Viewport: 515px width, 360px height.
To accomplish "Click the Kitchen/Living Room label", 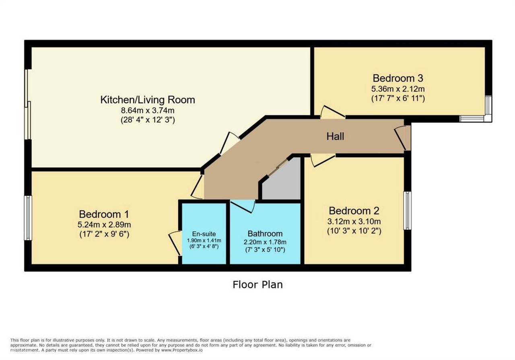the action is click(148, 100).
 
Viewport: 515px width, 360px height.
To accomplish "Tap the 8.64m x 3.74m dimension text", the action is click(148, 111).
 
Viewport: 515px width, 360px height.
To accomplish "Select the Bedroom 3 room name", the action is click(398, 78).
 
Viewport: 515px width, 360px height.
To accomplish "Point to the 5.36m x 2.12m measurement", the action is click(398, 89).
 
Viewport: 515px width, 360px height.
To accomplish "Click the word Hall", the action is click(335, 136).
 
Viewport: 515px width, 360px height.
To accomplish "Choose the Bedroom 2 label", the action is click(354, 211).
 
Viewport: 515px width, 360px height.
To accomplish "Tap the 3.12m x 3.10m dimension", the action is click(354, 221).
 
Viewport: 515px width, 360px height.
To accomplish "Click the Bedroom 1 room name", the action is click(104, 214).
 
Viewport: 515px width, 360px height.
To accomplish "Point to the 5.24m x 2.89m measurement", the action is click(104, 224).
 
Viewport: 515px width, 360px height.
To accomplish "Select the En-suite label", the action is click(204, 234).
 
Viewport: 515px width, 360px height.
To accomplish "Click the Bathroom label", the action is click(265, 234).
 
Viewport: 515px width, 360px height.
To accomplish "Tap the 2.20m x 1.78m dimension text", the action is click(265, 242).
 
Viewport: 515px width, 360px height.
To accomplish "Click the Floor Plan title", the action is click(257, 285).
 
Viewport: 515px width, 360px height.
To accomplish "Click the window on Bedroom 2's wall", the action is click(407, 210).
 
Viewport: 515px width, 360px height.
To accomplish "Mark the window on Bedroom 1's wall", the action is click(28, 218).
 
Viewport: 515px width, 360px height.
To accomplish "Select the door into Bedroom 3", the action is click(332, 112).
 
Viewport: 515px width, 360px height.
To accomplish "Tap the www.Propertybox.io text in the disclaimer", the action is click(182, 350).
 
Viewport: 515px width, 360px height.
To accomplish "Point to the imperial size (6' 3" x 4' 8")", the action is click(204, 247).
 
